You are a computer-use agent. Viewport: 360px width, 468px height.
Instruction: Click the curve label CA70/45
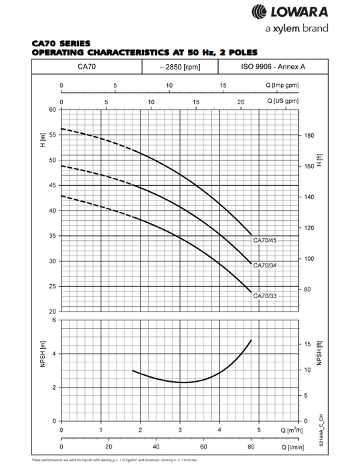click(264, 240)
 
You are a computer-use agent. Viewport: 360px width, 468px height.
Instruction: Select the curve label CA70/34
click(264, 266)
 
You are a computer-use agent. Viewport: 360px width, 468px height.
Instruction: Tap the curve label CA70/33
click(264, 296)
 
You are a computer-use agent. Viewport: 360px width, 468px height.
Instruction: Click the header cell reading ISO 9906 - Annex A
click(273, 67)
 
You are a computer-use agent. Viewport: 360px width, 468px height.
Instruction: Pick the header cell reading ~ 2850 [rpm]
click(180, 67)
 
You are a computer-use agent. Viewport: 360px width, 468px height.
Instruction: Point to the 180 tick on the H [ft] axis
click(308, 135)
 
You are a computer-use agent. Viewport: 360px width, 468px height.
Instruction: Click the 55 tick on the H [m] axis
click(52, 135)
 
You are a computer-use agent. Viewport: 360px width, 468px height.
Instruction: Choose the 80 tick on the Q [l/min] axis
click(251, 447)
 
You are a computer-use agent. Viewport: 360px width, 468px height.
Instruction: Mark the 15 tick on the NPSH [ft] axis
click(308, 344)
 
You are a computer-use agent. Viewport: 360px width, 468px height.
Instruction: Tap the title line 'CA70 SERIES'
click(60, 43)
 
